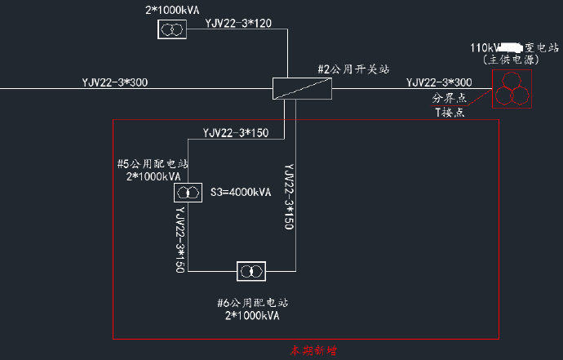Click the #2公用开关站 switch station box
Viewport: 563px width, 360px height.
(302, 88)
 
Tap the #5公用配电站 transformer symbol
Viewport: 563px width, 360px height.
(188, 193)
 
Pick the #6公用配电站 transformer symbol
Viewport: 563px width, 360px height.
(250, 271)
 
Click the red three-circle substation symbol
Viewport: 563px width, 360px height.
(511, 89)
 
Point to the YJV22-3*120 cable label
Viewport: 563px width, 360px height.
(238, 23)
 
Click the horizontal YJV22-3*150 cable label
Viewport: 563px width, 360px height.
(235, 133)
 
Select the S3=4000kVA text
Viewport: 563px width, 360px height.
(242, 193)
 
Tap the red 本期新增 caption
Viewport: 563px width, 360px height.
(313, 351)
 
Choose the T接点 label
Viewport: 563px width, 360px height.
(450, 113)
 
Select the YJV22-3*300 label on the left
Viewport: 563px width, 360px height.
(115, 82)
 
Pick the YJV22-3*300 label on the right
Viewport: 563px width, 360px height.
(439, 82)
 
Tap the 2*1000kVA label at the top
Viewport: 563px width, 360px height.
(171, 8)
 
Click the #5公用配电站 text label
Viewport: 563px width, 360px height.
(153, 163)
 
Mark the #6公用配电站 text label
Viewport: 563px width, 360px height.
(252, 302)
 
